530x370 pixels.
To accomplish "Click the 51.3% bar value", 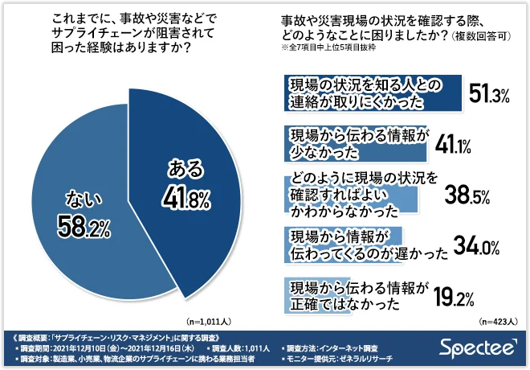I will tap(490, 96).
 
